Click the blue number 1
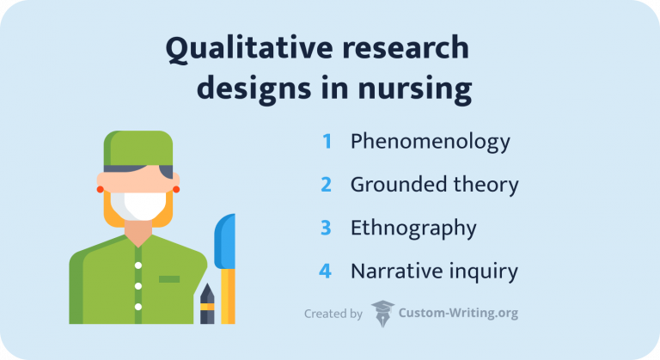[327, 142]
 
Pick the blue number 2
[327, 185]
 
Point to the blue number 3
[327, 229]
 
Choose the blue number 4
[326, 272]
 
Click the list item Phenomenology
[430, 143]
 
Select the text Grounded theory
[434, 185]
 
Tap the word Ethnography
[412, 229]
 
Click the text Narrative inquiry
[434, 272]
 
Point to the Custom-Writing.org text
[458, 314]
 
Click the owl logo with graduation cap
[382, 314]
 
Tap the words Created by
[333, 314]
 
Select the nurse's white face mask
[137, 206]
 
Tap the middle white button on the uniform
[137, 286]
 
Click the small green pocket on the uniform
[169, 278]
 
